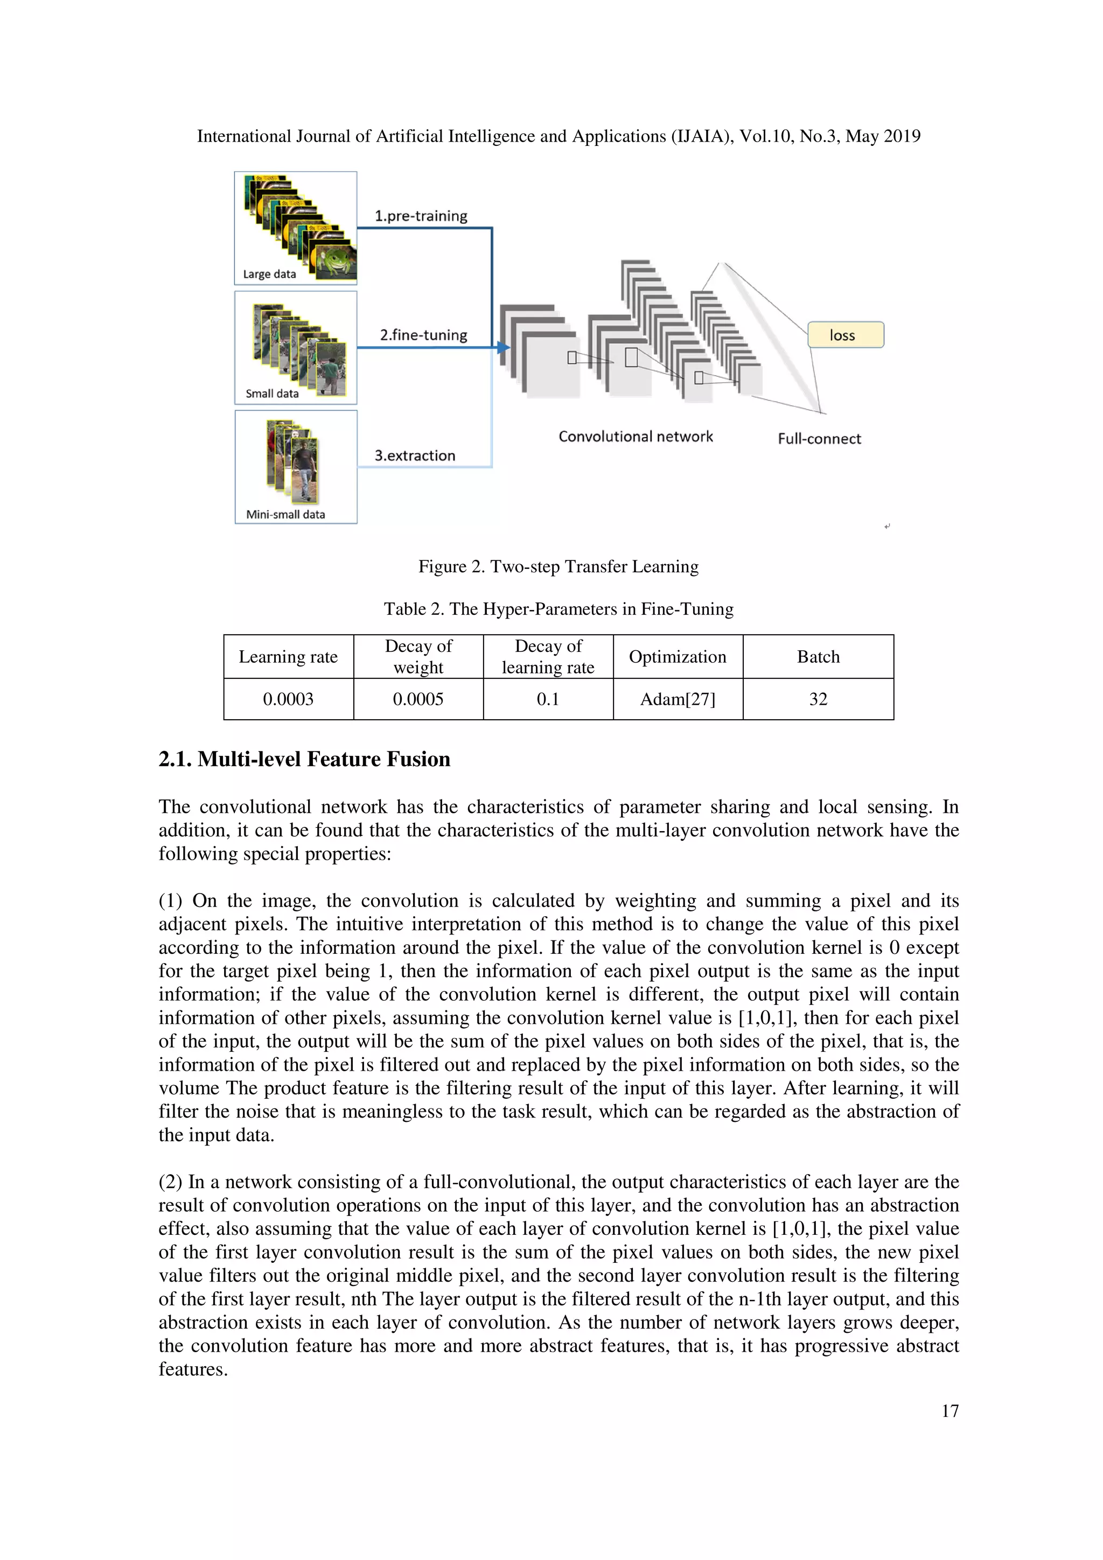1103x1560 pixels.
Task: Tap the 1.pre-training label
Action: (x=421, y=216)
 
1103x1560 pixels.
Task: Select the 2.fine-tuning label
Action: (x=423, y=335)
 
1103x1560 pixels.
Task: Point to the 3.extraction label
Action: (x=415, y=455)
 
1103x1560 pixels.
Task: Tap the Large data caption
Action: (x=269, y=275)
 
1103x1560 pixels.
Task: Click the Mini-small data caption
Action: (x=285, y=514)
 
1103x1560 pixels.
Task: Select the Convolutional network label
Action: (x=636, y=436)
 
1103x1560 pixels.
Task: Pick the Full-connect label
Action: (x=819, y=439)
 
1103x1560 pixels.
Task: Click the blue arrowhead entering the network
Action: (x=503, y=348)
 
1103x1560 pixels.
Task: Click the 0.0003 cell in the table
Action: (x=288, y=699)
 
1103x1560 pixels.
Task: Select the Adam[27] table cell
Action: (x=678, y=699)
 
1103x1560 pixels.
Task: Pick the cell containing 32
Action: (x=818, y=699)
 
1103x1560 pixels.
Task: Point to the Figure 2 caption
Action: (x=558, y=567)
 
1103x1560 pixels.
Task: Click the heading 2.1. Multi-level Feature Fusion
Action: (x=304, y=759)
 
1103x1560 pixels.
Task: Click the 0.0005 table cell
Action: (x=418, y=699)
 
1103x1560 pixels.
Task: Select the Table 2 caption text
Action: (x=558, y=609)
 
